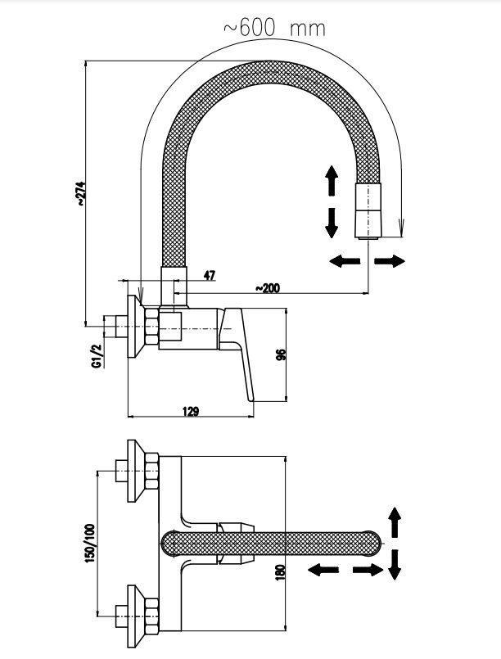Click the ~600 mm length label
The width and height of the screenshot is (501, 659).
point(273,27)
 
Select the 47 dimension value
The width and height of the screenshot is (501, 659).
point(209,276)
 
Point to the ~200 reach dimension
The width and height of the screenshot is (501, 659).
point(268,287)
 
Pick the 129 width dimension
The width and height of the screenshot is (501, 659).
point(190,411)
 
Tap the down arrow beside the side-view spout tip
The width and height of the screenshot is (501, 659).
point(332,221)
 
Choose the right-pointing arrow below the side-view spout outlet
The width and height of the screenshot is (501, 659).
point(390,260)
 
